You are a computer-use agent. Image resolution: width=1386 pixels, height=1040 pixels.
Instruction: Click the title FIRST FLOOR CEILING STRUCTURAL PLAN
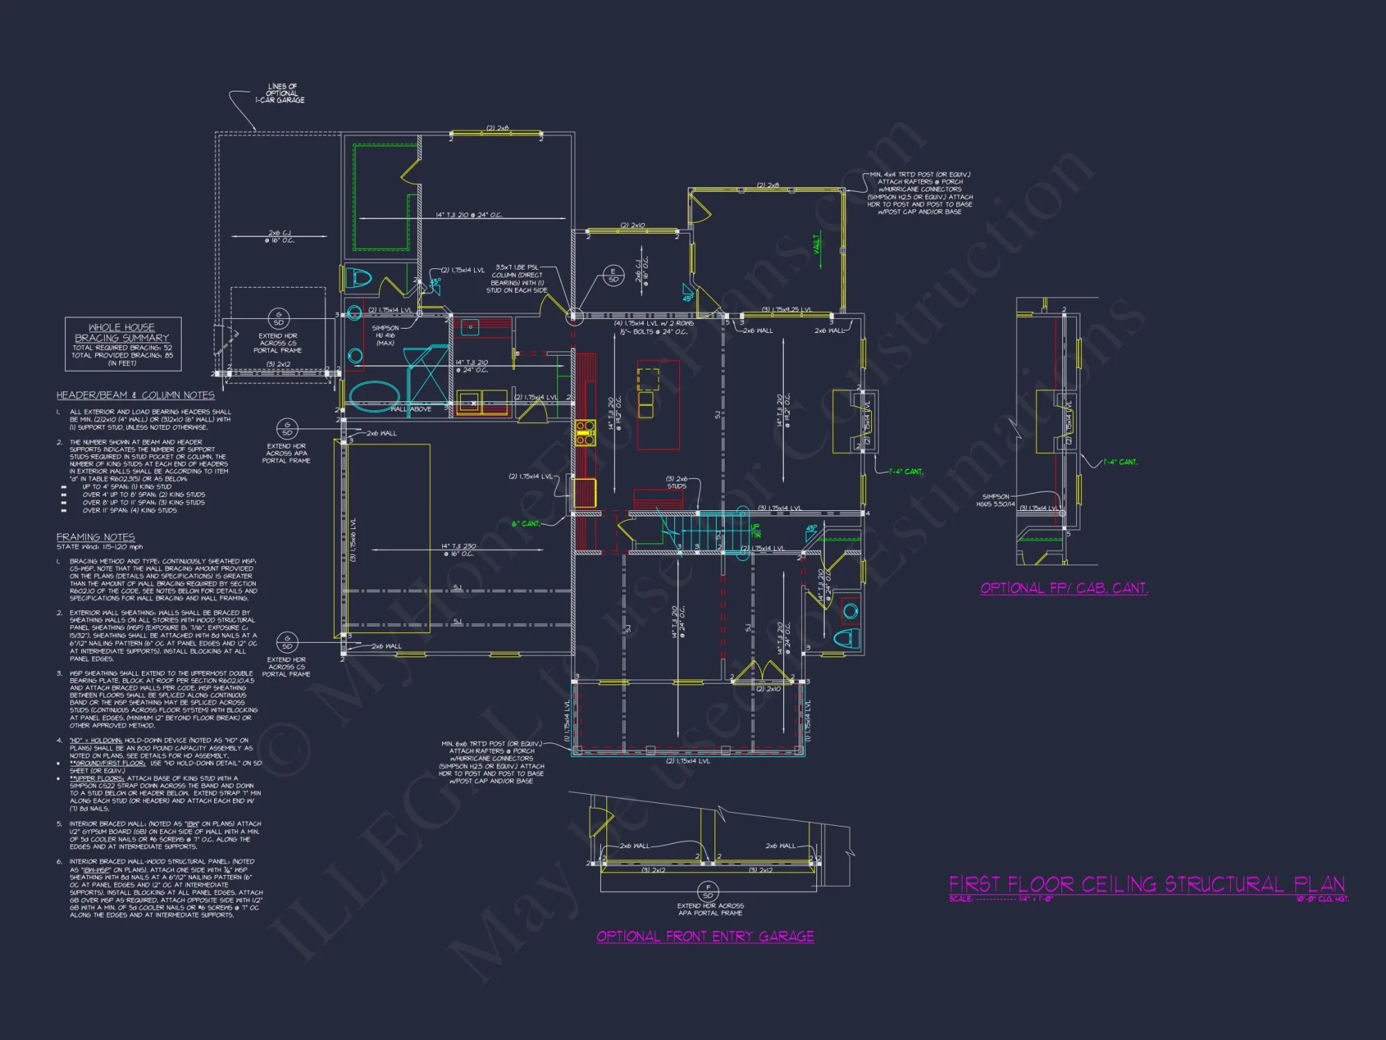[1146, 885]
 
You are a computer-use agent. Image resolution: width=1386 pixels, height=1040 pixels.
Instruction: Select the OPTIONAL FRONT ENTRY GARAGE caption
[705, 937]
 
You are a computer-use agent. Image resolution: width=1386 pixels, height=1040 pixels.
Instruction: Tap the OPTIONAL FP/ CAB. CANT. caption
[1064, 588]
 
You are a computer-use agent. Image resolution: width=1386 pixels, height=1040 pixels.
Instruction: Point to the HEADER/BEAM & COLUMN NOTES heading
[135, 395]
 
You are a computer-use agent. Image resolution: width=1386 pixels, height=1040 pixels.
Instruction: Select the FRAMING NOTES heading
[96, 537]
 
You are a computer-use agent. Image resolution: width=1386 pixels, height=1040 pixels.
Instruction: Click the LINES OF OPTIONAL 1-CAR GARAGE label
[280, 94]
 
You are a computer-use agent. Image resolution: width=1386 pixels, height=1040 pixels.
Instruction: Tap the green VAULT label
[816, 243]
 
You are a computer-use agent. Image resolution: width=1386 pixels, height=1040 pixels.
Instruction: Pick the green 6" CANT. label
[526, 523]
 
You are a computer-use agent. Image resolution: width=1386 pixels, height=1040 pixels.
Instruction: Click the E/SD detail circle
[613, 275]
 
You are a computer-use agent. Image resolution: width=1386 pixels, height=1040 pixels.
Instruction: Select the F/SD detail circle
[708, 891]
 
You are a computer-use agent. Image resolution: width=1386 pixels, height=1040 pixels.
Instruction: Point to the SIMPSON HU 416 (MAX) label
[385, 336]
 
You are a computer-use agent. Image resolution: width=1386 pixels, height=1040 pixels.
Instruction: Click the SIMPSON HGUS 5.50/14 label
[996, 500]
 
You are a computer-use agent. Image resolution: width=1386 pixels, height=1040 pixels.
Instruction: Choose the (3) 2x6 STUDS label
[677, 483]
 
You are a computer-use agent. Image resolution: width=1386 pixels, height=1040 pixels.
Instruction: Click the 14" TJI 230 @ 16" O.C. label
[459, 550]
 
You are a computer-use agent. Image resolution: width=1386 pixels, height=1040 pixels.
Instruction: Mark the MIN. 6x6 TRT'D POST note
[491, 762]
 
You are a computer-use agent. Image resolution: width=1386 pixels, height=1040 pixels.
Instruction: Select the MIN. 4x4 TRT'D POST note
[920, 193]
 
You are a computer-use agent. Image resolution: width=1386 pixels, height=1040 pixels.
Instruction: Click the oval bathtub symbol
[374, 396]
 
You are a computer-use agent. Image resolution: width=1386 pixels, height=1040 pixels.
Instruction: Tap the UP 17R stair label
[755, 531]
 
